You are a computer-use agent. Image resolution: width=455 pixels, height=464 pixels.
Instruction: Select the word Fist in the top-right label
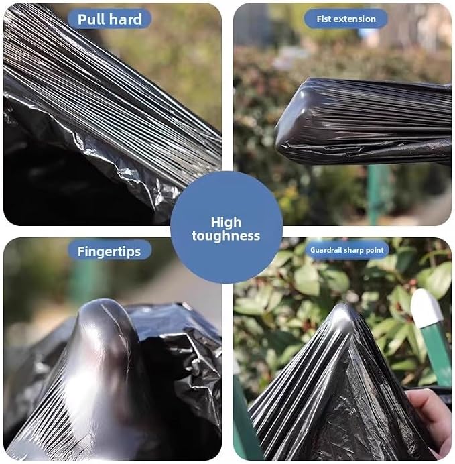click(324, 19)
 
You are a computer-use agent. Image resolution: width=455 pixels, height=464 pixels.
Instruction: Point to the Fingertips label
click(109, 252)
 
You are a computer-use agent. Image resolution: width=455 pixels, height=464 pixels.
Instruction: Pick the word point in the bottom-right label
click(374, 251)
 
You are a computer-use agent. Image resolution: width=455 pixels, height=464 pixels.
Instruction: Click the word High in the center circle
click(226, 222)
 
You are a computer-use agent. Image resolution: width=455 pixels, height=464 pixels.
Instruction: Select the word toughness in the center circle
click(226, 236)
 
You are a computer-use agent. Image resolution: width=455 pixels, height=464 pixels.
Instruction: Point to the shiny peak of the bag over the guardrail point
click(344, 316)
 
